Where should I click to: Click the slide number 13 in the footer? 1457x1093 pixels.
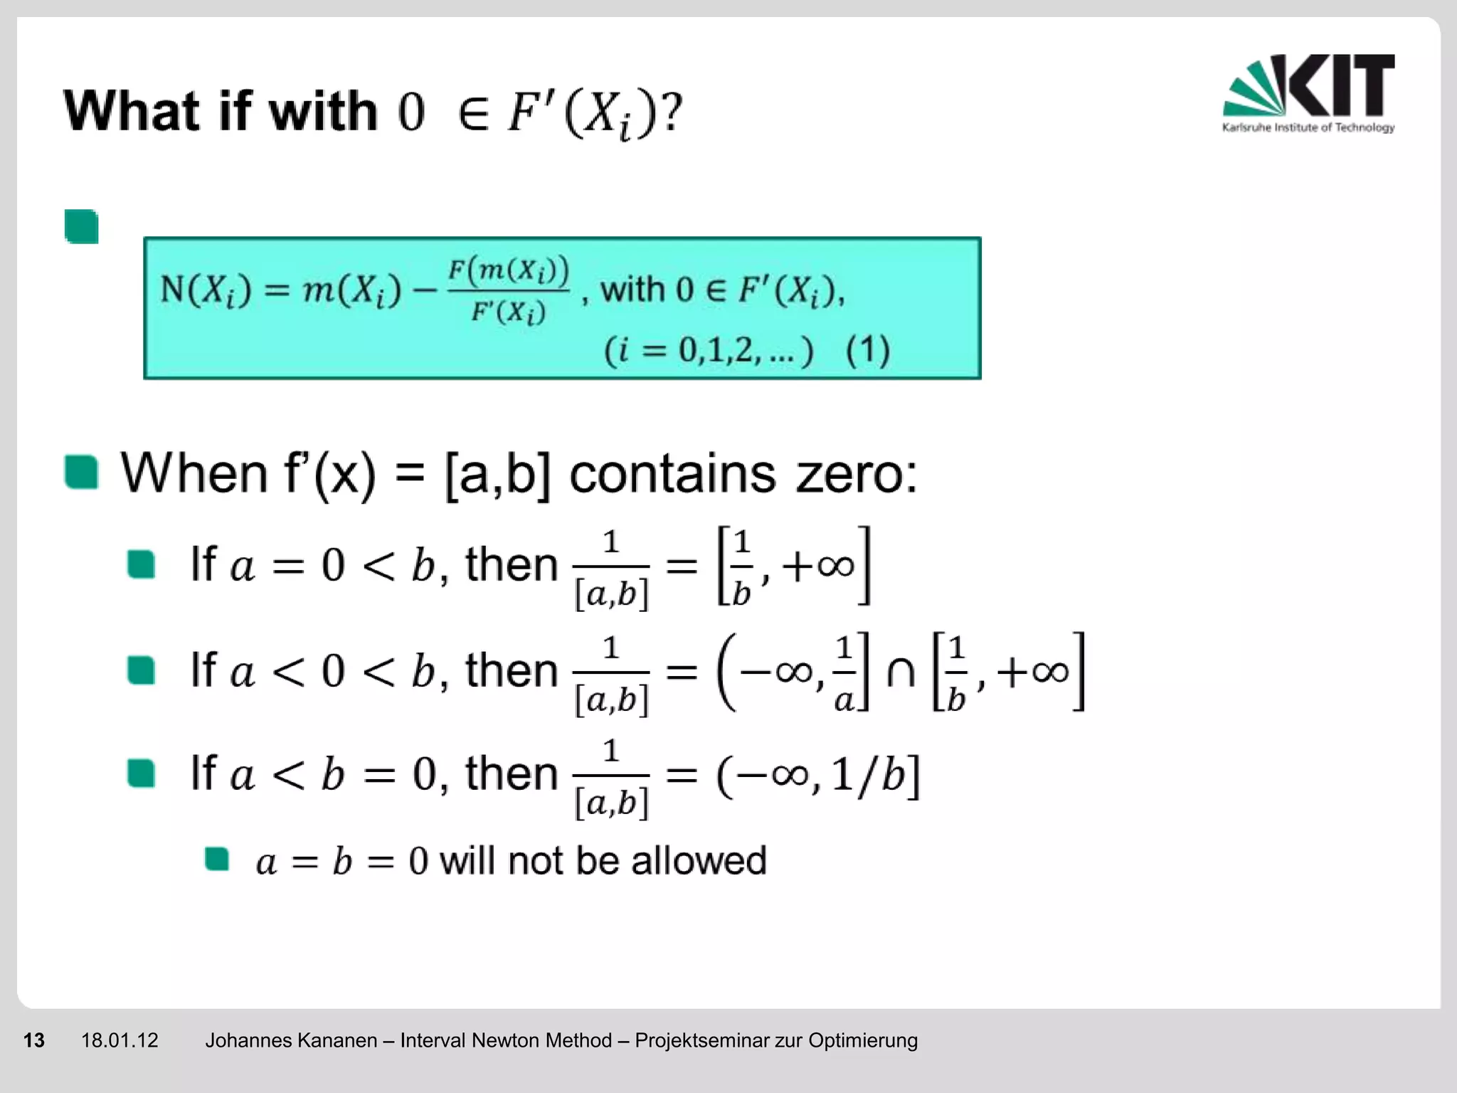(34, 1040)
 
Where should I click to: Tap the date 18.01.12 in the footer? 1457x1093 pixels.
(120, 1040)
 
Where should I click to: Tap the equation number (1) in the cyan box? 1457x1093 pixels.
(867, 350)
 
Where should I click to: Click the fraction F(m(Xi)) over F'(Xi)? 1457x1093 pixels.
(508, 290)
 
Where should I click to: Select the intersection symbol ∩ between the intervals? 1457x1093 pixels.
(901, 672)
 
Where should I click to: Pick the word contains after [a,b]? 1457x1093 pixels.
(672, 473)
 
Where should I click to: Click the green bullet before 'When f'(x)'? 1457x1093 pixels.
(81, 472)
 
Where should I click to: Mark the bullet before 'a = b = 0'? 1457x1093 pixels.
(216, 859)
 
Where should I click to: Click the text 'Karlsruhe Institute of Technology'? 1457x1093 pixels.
(1308, 127)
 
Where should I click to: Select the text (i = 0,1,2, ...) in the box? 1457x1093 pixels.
(708, 350)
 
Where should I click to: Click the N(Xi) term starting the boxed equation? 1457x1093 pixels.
(206, 290)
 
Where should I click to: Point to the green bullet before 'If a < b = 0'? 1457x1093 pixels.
(141, 773)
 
